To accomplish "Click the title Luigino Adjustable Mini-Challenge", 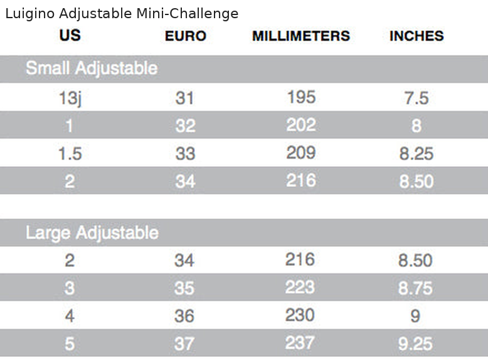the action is point(122,14).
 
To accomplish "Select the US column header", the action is point(70,35).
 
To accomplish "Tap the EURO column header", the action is point(186,36).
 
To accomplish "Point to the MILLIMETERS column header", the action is point(301,36).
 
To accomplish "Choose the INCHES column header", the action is point(416,36).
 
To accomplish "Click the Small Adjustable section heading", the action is point(92,68).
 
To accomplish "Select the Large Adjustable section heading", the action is point(92,233).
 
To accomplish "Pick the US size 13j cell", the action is point(70,98).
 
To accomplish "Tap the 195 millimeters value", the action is point(301,97).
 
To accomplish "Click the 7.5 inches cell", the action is point(416,98).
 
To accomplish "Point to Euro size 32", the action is point(186,125).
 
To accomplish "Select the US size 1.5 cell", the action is point(70,154).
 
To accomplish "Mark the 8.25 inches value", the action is point(416,154).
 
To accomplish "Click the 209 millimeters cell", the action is point(301,153).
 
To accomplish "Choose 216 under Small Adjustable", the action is point(301,181).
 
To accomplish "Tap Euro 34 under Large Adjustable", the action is point(184,260).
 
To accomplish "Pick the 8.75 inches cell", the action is point(415,288).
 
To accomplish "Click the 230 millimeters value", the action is point(300,315).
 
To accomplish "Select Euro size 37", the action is point(184,344).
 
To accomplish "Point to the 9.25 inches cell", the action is point(415,344).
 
